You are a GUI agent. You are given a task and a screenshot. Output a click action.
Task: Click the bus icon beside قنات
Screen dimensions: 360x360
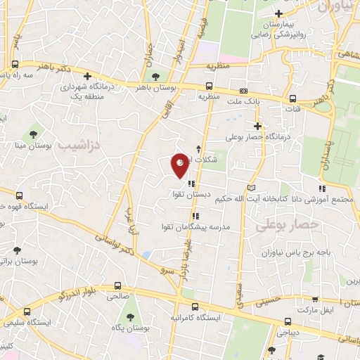(x=295, y=98)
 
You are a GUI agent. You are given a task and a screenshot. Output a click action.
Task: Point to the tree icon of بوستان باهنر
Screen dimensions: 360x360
(x=155, y=77)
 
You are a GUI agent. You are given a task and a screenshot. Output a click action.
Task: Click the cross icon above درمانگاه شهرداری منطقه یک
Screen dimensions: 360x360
(x=87, y=76)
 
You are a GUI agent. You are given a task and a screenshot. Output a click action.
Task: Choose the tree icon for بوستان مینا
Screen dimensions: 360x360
(x=33, y=133)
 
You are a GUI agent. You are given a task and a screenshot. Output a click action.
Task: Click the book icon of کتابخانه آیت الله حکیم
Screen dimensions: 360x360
(x=252, y=188)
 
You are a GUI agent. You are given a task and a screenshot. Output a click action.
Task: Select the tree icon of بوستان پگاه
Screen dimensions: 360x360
(x=114, y=326)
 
